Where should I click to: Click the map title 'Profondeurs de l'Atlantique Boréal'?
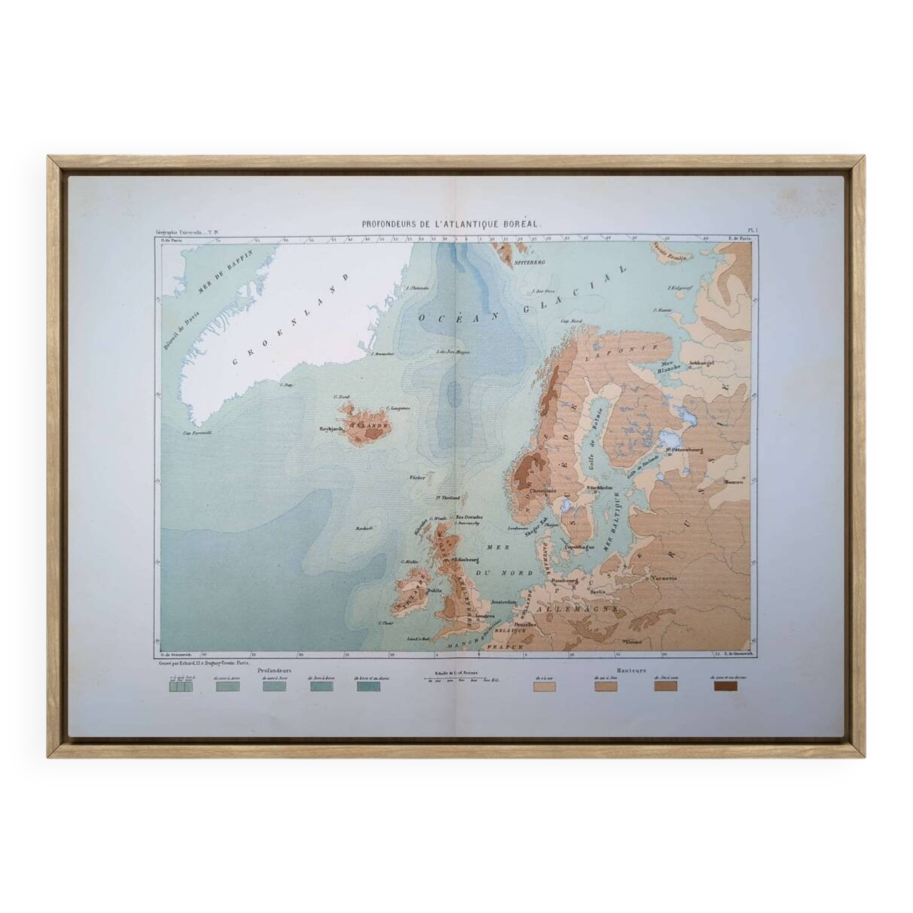point(451,225)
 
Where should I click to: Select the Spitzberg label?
point(530,262)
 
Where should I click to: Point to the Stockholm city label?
point(599,487)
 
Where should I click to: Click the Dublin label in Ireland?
point(434,590)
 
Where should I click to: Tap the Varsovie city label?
point(663,578)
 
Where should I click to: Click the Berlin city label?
point(598,591)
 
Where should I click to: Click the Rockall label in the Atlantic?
point(364,528)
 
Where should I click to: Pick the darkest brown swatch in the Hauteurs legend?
point(725,686)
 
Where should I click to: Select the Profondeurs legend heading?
point(274,670)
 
